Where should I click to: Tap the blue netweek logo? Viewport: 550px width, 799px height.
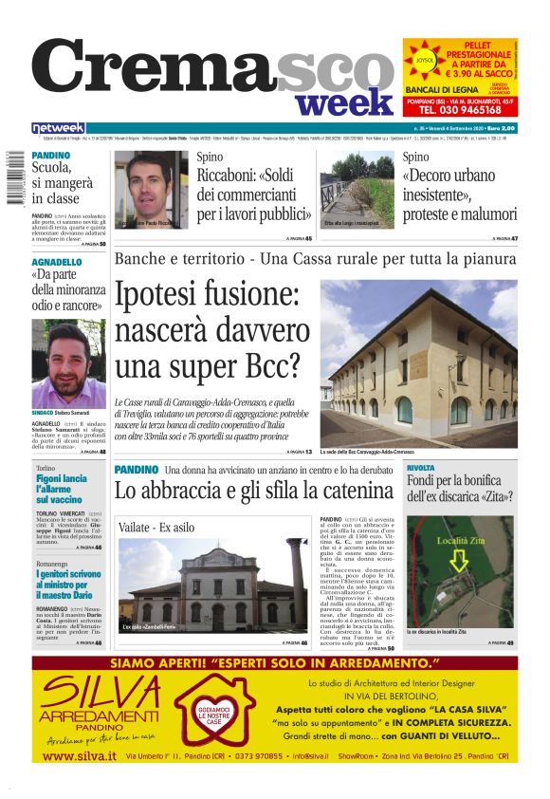pos(58,127)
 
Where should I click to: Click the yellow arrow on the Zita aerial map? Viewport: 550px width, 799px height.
pos(459,560)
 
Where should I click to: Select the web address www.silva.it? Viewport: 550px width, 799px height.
pos(80,755)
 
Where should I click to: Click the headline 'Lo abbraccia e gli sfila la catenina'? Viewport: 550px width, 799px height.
pos(252,491)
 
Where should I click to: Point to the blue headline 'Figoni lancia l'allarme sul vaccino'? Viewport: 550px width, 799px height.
pos(62,489)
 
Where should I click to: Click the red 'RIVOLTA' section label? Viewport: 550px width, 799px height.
pos(420,469)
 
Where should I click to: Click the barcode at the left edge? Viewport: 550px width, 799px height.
pos(13,177)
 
